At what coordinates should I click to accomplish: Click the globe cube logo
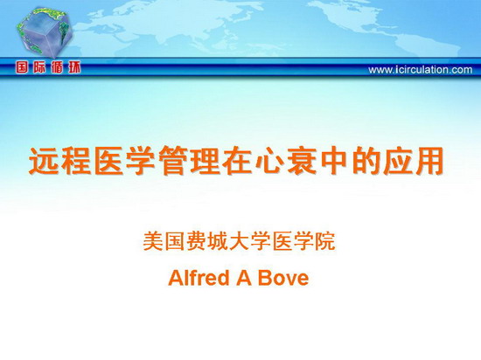[x=45, y=32]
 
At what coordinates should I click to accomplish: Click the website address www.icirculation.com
[x=421, y=70]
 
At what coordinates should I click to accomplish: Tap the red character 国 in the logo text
[x=23, y=67]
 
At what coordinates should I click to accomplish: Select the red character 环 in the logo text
[x=74, y=67]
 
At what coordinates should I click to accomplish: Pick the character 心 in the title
[x=270, y=161]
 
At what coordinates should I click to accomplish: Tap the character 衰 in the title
[x=303, y=161]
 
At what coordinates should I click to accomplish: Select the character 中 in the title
[x=335, y=161]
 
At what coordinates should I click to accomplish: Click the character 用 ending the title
[x=429, y=161]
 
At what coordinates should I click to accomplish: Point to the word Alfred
[x=199, y=278]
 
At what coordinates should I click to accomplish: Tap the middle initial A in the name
[x=244, y=278]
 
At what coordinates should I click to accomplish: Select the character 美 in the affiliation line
[x=152, y=241]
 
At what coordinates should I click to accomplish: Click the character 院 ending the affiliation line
[x=325, y=241]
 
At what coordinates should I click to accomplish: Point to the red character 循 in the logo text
[x=57, y=67]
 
